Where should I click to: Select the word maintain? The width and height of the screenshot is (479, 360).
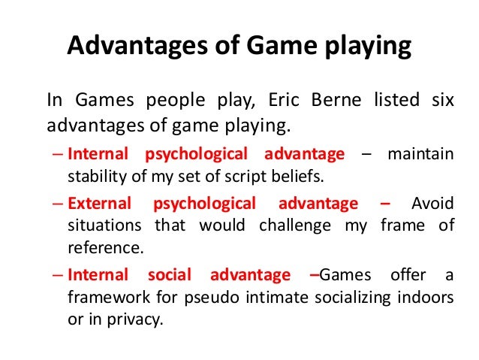coord(420,154)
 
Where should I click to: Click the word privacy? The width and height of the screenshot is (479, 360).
coord(134,319)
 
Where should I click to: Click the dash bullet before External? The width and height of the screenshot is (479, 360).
coord(59,204)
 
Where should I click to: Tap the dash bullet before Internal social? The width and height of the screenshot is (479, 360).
coord(59,275)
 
